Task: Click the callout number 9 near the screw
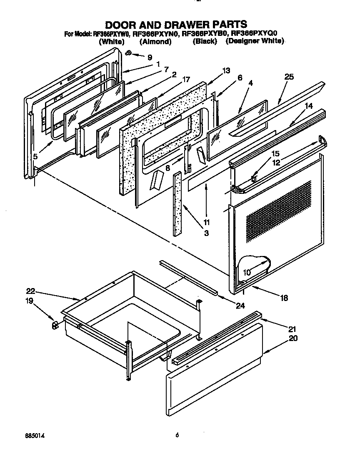point(150,57)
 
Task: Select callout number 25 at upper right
point(289,77)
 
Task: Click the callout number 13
point(226,71)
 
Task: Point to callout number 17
point(186,79)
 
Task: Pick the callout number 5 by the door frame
point(35,157)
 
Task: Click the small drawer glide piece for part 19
point(55,325)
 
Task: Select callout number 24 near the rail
point(240,306)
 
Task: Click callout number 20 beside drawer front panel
point(293,338)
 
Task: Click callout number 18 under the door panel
point(284,298)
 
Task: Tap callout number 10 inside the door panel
point(247,273)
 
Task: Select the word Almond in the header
point(155,41)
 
